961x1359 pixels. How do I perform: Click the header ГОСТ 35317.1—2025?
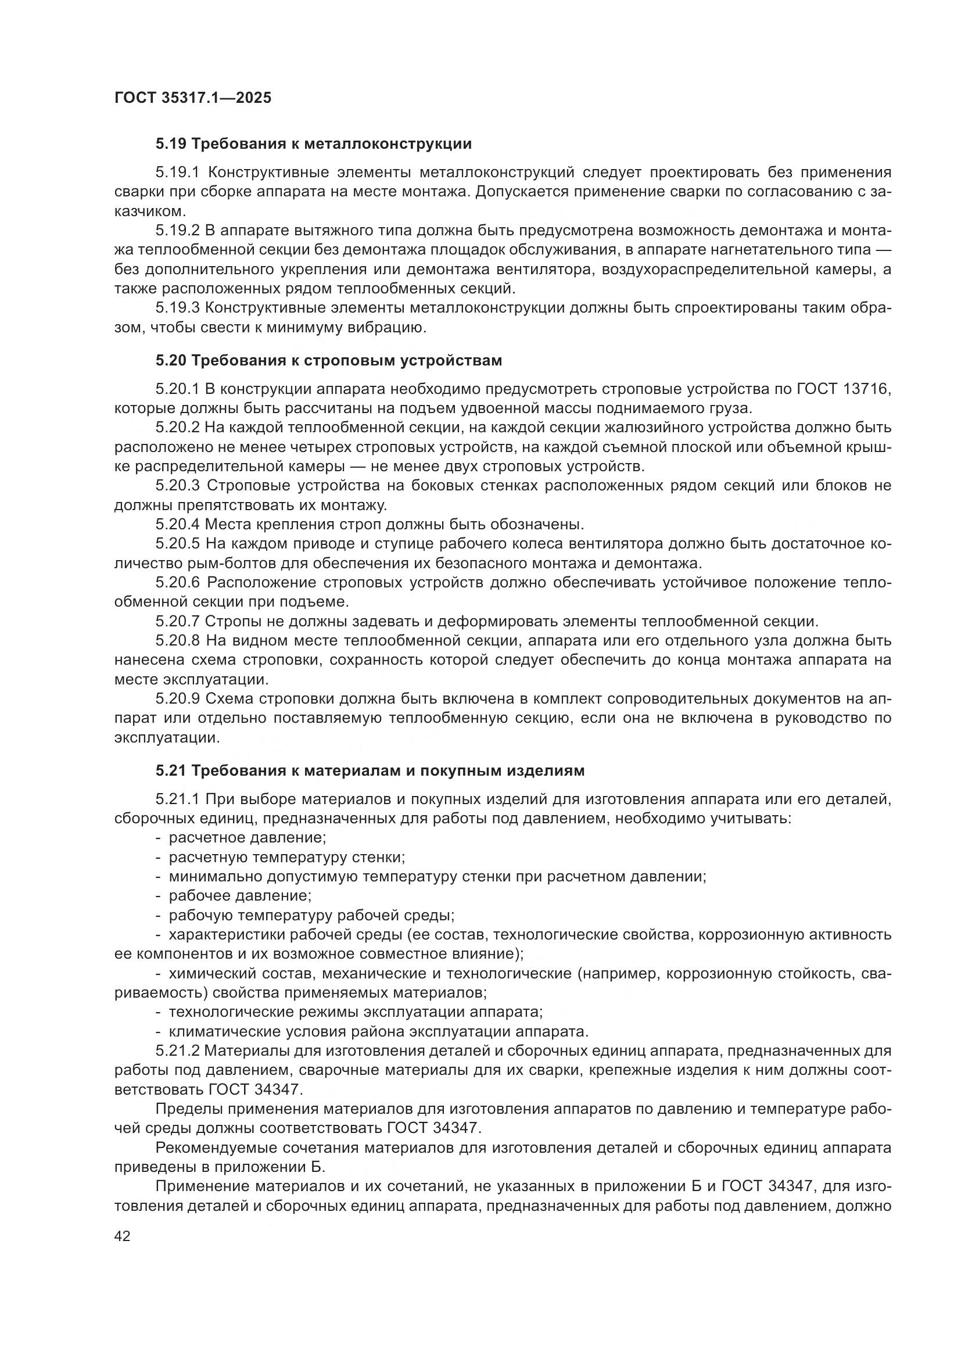[193, 98]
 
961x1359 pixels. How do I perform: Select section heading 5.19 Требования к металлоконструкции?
[314, 144]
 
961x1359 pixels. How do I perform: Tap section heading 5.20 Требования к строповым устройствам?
[328, 360]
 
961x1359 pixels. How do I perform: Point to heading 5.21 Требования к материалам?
[370, 770]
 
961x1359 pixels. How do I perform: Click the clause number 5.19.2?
[178, 231]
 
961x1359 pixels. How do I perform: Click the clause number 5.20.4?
[178, 525]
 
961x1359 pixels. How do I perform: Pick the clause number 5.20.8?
[178, 641]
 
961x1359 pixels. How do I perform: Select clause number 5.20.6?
[178, 583]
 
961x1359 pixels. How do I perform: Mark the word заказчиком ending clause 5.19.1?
[150, 211]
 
